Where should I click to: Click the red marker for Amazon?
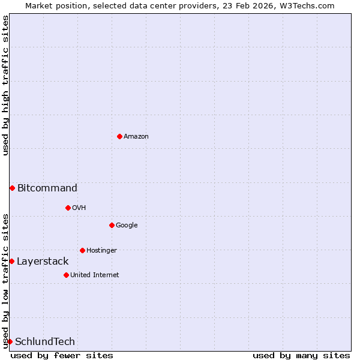119,136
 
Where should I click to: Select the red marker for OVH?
68,208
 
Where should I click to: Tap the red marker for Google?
112,225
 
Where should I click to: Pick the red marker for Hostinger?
82,250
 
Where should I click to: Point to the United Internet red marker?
66,275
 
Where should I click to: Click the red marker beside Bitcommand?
12,188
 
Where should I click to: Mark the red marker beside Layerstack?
11,261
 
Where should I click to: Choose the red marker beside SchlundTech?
10,341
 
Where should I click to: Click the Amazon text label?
136,136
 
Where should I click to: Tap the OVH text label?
79,208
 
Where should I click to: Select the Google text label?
127,225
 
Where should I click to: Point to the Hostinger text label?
101,250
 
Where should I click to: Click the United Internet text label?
95,275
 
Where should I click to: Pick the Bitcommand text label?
47,188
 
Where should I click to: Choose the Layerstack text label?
43,261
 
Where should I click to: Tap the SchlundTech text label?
45,341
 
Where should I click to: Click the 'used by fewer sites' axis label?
62,355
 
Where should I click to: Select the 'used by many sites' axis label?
301,355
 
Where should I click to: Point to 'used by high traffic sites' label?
5,85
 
